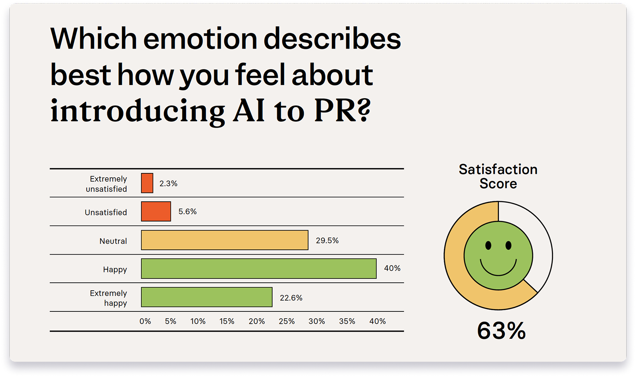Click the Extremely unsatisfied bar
pyautogui.click(x=147, y=183)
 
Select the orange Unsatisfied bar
pyautogui.click(x=156, y=212)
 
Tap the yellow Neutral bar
pyautogui.click(x=225, y=240)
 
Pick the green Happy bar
pyautogui.click(x=258, y=269)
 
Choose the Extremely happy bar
pyautogui.click(x=207, y=297)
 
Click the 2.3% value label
pyautogui.click(x=168, y=184)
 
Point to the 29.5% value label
pyautogui.click(x=327, y=241)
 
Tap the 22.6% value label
pyautogui.click(x=291, y=298)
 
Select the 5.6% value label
pyautogui.click(x=187, y=212)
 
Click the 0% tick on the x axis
pyautogui.click(x=145, y=321)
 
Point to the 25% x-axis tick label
pyautogui.click(x=287, y=321)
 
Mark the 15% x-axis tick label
pyautogui.click(x=227, y=321)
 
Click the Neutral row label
pyautogui.click(x=113, y=241)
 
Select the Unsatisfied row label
pyautogui.click(x=106, y=212)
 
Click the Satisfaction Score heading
pyautogui.click(x=498, y=176)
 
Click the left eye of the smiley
pyautogui.click(x=488, y=245)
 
